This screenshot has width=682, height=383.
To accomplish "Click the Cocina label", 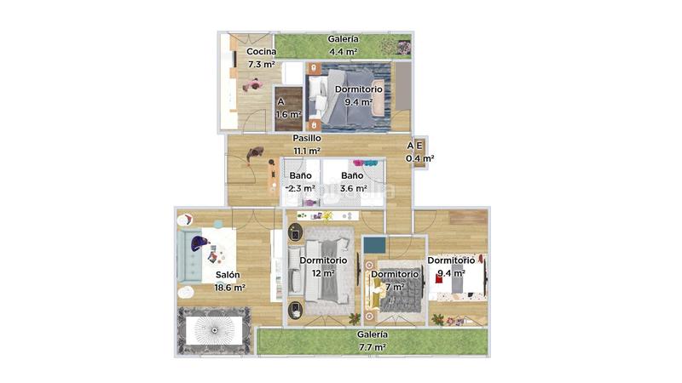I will pos(261,51).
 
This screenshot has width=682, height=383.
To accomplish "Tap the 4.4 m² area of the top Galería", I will pos(344,52).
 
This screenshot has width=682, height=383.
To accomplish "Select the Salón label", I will pos(228,275).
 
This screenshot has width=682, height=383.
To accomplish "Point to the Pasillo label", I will pos(307,138).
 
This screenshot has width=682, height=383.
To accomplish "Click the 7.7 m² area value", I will pos(372,347).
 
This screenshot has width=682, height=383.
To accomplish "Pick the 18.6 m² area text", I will pos(230,288).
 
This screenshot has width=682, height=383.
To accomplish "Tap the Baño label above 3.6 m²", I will pos(353,175).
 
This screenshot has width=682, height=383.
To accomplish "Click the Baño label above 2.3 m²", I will pos(300,175).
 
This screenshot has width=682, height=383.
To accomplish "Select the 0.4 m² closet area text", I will pos(419,157).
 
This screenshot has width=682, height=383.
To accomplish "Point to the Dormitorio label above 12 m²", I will pos(323,260).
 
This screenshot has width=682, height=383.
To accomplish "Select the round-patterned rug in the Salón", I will pos(213,329).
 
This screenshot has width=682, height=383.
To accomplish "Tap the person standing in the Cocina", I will pos(252,84).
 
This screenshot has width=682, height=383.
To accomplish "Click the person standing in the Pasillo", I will pos(254,156).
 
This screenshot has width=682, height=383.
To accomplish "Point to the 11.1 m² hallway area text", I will pos(307,151).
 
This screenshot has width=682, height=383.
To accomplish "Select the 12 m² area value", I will pos(323,273).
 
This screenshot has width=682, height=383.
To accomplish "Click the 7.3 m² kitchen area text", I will pos(261,64).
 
